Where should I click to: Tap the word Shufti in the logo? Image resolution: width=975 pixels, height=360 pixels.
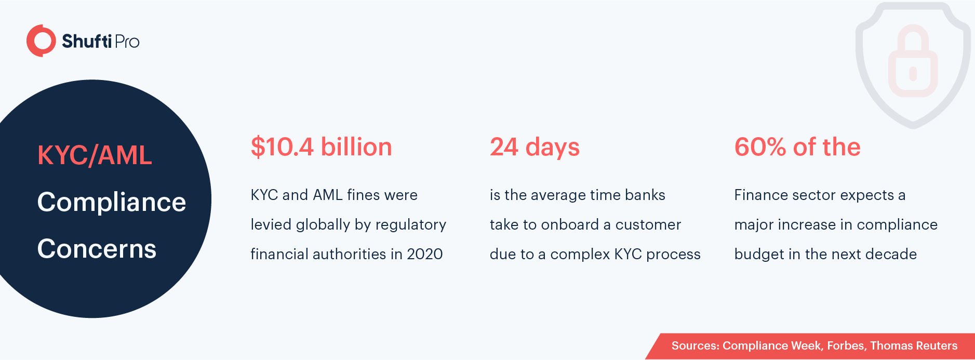pos(87,41)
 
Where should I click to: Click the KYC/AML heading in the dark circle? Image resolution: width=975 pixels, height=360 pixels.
pos(95,155)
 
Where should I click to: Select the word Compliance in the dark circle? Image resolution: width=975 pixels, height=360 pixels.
pos(112,203)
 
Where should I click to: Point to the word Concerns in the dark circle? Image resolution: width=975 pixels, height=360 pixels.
pos(97,249)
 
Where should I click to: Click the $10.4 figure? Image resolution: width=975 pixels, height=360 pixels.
pos(282,147)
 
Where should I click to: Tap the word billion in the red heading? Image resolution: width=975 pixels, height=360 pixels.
pos(356,147)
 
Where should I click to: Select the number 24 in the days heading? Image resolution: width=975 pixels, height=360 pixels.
pos(504,147)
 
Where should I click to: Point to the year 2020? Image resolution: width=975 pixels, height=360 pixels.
pos(425,254)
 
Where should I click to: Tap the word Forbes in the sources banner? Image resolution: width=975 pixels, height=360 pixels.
pos(846,346)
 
